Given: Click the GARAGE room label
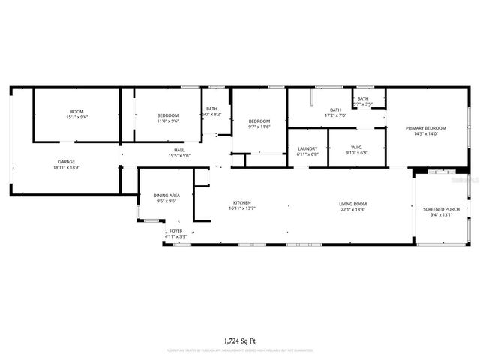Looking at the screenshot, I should click(x=67, y=162).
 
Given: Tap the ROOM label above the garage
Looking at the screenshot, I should click(x=77, y=111).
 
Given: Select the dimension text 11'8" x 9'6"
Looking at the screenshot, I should click(x=167, y=121).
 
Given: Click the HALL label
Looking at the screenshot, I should click(x=180, y=150).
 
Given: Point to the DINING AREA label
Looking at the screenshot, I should click(x=166, y=195).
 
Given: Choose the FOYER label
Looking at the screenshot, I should click(x=175, y=231).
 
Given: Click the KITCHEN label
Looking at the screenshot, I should click(x=241, y=203).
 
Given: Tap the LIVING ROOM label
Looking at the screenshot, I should click(x=352, y=203).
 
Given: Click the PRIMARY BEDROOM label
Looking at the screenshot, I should click(x=426, y=128).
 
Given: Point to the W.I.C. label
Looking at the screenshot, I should click(x=357, y=148).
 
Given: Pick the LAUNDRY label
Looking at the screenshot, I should click(x=307, y=148).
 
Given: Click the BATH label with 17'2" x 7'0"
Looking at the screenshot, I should click(x=335, y=109).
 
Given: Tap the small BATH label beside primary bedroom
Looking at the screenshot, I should click(x=363, y=98).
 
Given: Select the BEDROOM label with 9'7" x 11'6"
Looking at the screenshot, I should click(x=259, y=121).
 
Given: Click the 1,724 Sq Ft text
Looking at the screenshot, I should click(x=240, y=340).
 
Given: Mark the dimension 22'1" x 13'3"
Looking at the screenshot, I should click(x=352, y=210).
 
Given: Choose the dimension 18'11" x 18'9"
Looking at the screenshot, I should click(x=67, y=168).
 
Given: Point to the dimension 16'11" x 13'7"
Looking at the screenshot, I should click(x=241, y=210).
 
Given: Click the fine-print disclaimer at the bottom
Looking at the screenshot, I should click(x=240, y=350).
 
